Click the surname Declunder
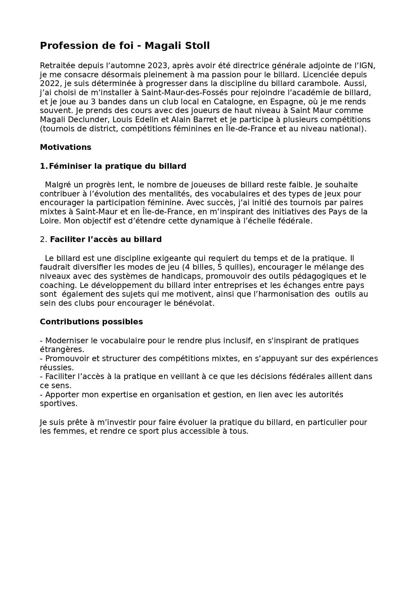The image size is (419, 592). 89,119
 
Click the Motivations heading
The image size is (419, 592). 66,147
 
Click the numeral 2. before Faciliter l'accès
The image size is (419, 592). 44,239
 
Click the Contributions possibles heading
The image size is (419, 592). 91,322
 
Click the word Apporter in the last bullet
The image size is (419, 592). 62,395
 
